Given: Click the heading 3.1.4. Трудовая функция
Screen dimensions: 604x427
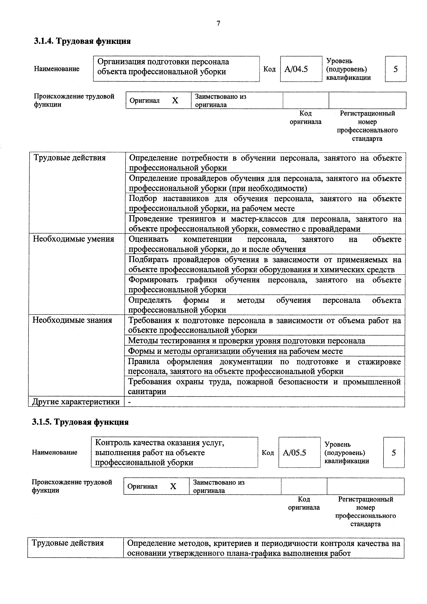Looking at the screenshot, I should coord(82,41).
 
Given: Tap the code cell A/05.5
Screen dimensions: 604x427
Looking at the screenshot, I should coord(294,453).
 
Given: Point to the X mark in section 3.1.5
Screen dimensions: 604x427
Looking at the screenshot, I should coord(173,486).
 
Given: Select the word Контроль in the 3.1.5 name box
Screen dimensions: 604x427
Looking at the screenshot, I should coord(113,443).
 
